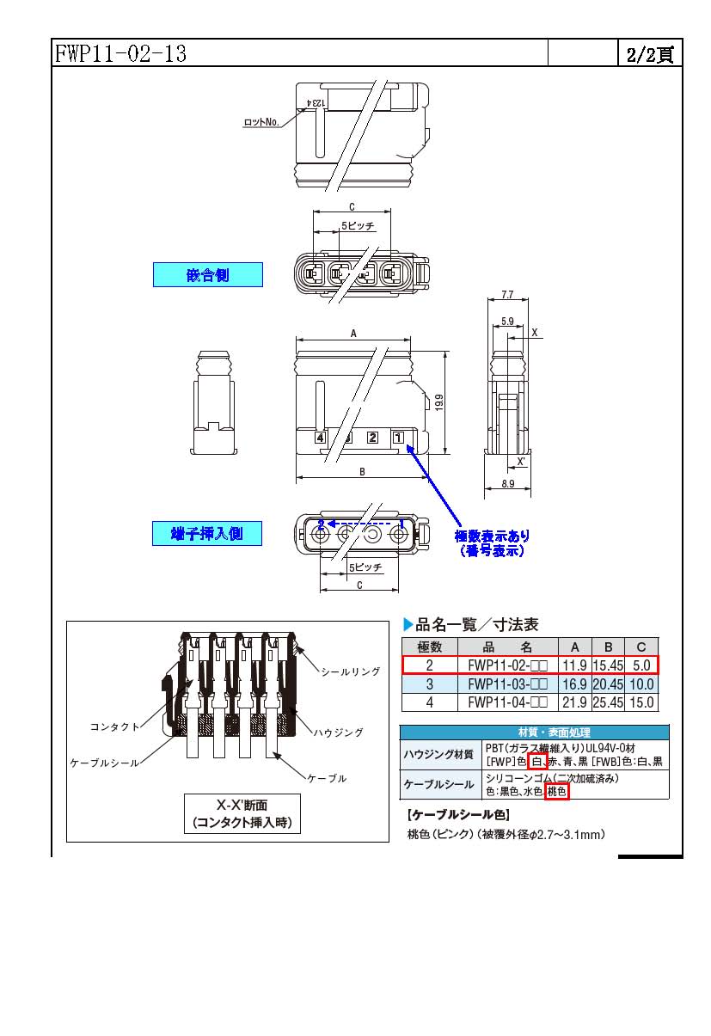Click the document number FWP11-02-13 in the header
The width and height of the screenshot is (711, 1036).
pos(120,54)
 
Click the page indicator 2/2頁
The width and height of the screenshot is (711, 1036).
pos(649,54)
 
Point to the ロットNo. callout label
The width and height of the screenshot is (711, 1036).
pos(262,123)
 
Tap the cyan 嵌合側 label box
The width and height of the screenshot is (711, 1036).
pos(208,275)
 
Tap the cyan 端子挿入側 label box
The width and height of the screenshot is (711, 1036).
pos(208,533)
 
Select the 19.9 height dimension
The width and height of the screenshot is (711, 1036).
pos(439,402)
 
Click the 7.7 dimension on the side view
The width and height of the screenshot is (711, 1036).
pos(506,295)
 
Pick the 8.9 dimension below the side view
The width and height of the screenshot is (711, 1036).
pos(506,485)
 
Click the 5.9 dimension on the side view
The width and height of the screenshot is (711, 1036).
pos(506,322)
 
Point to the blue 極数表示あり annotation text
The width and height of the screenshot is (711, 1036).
pos(493,536)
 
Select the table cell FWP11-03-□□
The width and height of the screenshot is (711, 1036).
pos(508,684)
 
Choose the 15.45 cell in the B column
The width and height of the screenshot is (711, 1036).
pos(608,665)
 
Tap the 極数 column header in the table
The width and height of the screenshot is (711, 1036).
pos(429,647)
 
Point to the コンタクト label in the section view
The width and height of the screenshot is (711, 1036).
pos(114,726)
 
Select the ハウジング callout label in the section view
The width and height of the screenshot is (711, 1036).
pos(338,733)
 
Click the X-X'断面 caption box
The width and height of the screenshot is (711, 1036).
pos(242,814)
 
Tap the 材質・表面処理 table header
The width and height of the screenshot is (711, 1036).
pos(533,733)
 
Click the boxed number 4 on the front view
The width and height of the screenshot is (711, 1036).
pos(321,438)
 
